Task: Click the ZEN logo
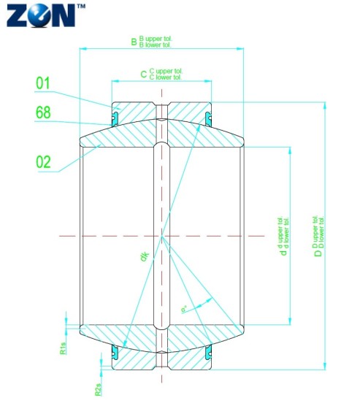click(x=39, y=15)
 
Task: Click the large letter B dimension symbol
click(x=134, y=42)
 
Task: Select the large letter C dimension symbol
click(x=143, y=73)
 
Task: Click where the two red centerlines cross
click(x=161, y=236)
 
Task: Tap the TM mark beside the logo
click(x=80, y=6)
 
